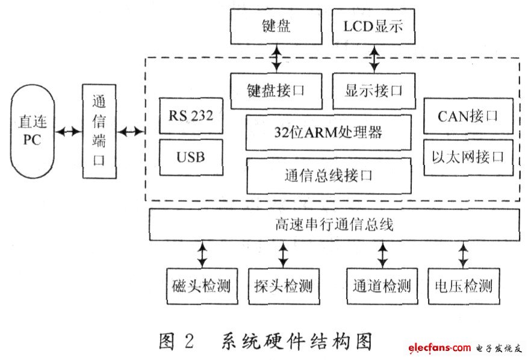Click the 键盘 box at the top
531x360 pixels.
tap(276, 26)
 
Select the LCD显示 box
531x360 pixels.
tap(373, 26)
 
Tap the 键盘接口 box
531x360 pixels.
tap(276, 91)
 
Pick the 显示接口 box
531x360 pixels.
tap(374, 91)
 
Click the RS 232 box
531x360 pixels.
tap(191, 116)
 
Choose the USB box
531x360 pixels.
tap(191, 157)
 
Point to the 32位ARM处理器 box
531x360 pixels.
tap(329, 132)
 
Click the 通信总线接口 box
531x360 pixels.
tap(329, 176)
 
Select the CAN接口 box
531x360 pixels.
tap(468, 116)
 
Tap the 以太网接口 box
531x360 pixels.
tap(468, 158)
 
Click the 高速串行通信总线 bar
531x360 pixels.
tap(334, 225)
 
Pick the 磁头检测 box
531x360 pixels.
tap(202, 286)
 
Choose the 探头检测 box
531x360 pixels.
tap(284, 286)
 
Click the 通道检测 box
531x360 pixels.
tap(382, 286)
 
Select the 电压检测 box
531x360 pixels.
tap(464, 286)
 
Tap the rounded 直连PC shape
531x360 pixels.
tap(33, 131)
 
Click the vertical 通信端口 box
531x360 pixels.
tap(99, 131)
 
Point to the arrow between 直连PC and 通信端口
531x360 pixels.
tap(69, 131)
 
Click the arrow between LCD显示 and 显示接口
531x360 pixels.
tap(374, 58)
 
